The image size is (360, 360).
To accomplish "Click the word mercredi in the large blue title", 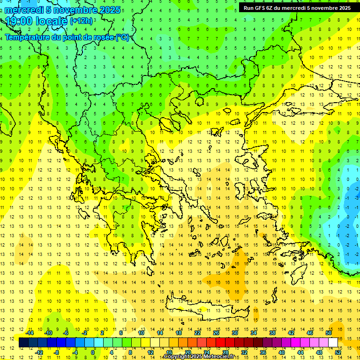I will (25, 9).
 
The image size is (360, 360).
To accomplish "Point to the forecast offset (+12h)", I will (82, 21).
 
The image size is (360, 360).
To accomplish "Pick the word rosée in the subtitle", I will (102, 37).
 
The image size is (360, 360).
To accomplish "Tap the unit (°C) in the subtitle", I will (121, 37).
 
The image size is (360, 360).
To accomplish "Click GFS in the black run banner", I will (261, 7).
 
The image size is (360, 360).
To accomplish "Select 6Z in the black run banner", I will (271, 7).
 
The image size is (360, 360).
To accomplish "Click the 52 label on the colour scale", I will (338, 352).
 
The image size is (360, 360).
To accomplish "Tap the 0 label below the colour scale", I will (93, 352).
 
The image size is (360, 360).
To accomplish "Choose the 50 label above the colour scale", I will (328, 333).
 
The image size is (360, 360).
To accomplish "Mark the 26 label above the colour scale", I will (216, 333).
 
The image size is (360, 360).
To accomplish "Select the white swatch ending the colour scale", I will (333, 343).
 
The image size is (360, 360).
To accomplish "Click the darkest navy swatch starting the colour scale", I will (24, 343).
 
